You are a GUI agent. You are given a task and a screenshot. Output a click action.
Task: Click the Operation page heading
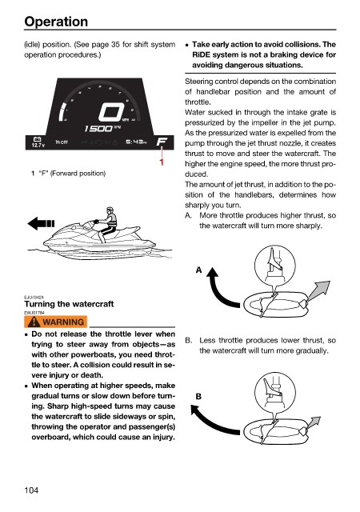pyautogui.click(x=56, y=22)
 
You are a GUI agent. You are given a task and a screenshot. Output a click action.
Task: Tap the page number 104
pyautogui.click(x=31, y=490)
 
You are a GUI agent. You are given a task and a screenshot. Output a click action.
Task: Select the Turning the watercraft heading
pyautogui.click(x=69, y=304)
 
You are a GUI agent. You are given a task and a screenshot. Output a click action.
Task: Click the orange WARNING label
pyautogui.click(x=55, y=322)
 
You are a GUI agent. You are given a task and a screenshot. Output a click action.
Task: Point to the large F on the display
pyautogui.click(x=162, y=142)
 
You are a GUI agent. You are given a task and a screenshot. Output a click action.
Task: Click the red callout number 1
pyautogui.click(x=162, y=162)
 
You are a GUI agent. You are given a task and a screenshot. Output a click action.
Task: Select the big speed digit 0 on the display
pyautogui.click(x=111, y=112)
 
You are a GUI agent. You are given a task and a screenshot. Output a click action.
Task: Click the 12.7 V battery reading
pyautogui.click(x=38, y=145)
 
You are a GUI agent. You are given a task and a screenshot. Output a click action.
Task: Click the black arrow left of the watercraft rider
pyautogui.click(x=41, y=224)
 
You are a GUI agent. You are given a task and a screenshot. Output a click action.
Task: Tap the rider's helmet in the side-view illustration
pyautogui.click(x=110, y=210)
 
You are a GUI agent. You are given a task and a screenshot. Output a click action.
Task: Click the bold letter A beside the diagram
pyautogui.click(x=198, y=270)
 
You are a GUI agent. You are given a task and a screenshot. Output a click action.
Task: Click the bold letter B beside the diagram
pyautogui.click(x=198, y=397)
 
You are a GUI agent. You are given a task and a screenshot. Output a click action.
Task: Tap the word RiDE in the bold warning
pyautogui.click(x=202, y=54)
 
